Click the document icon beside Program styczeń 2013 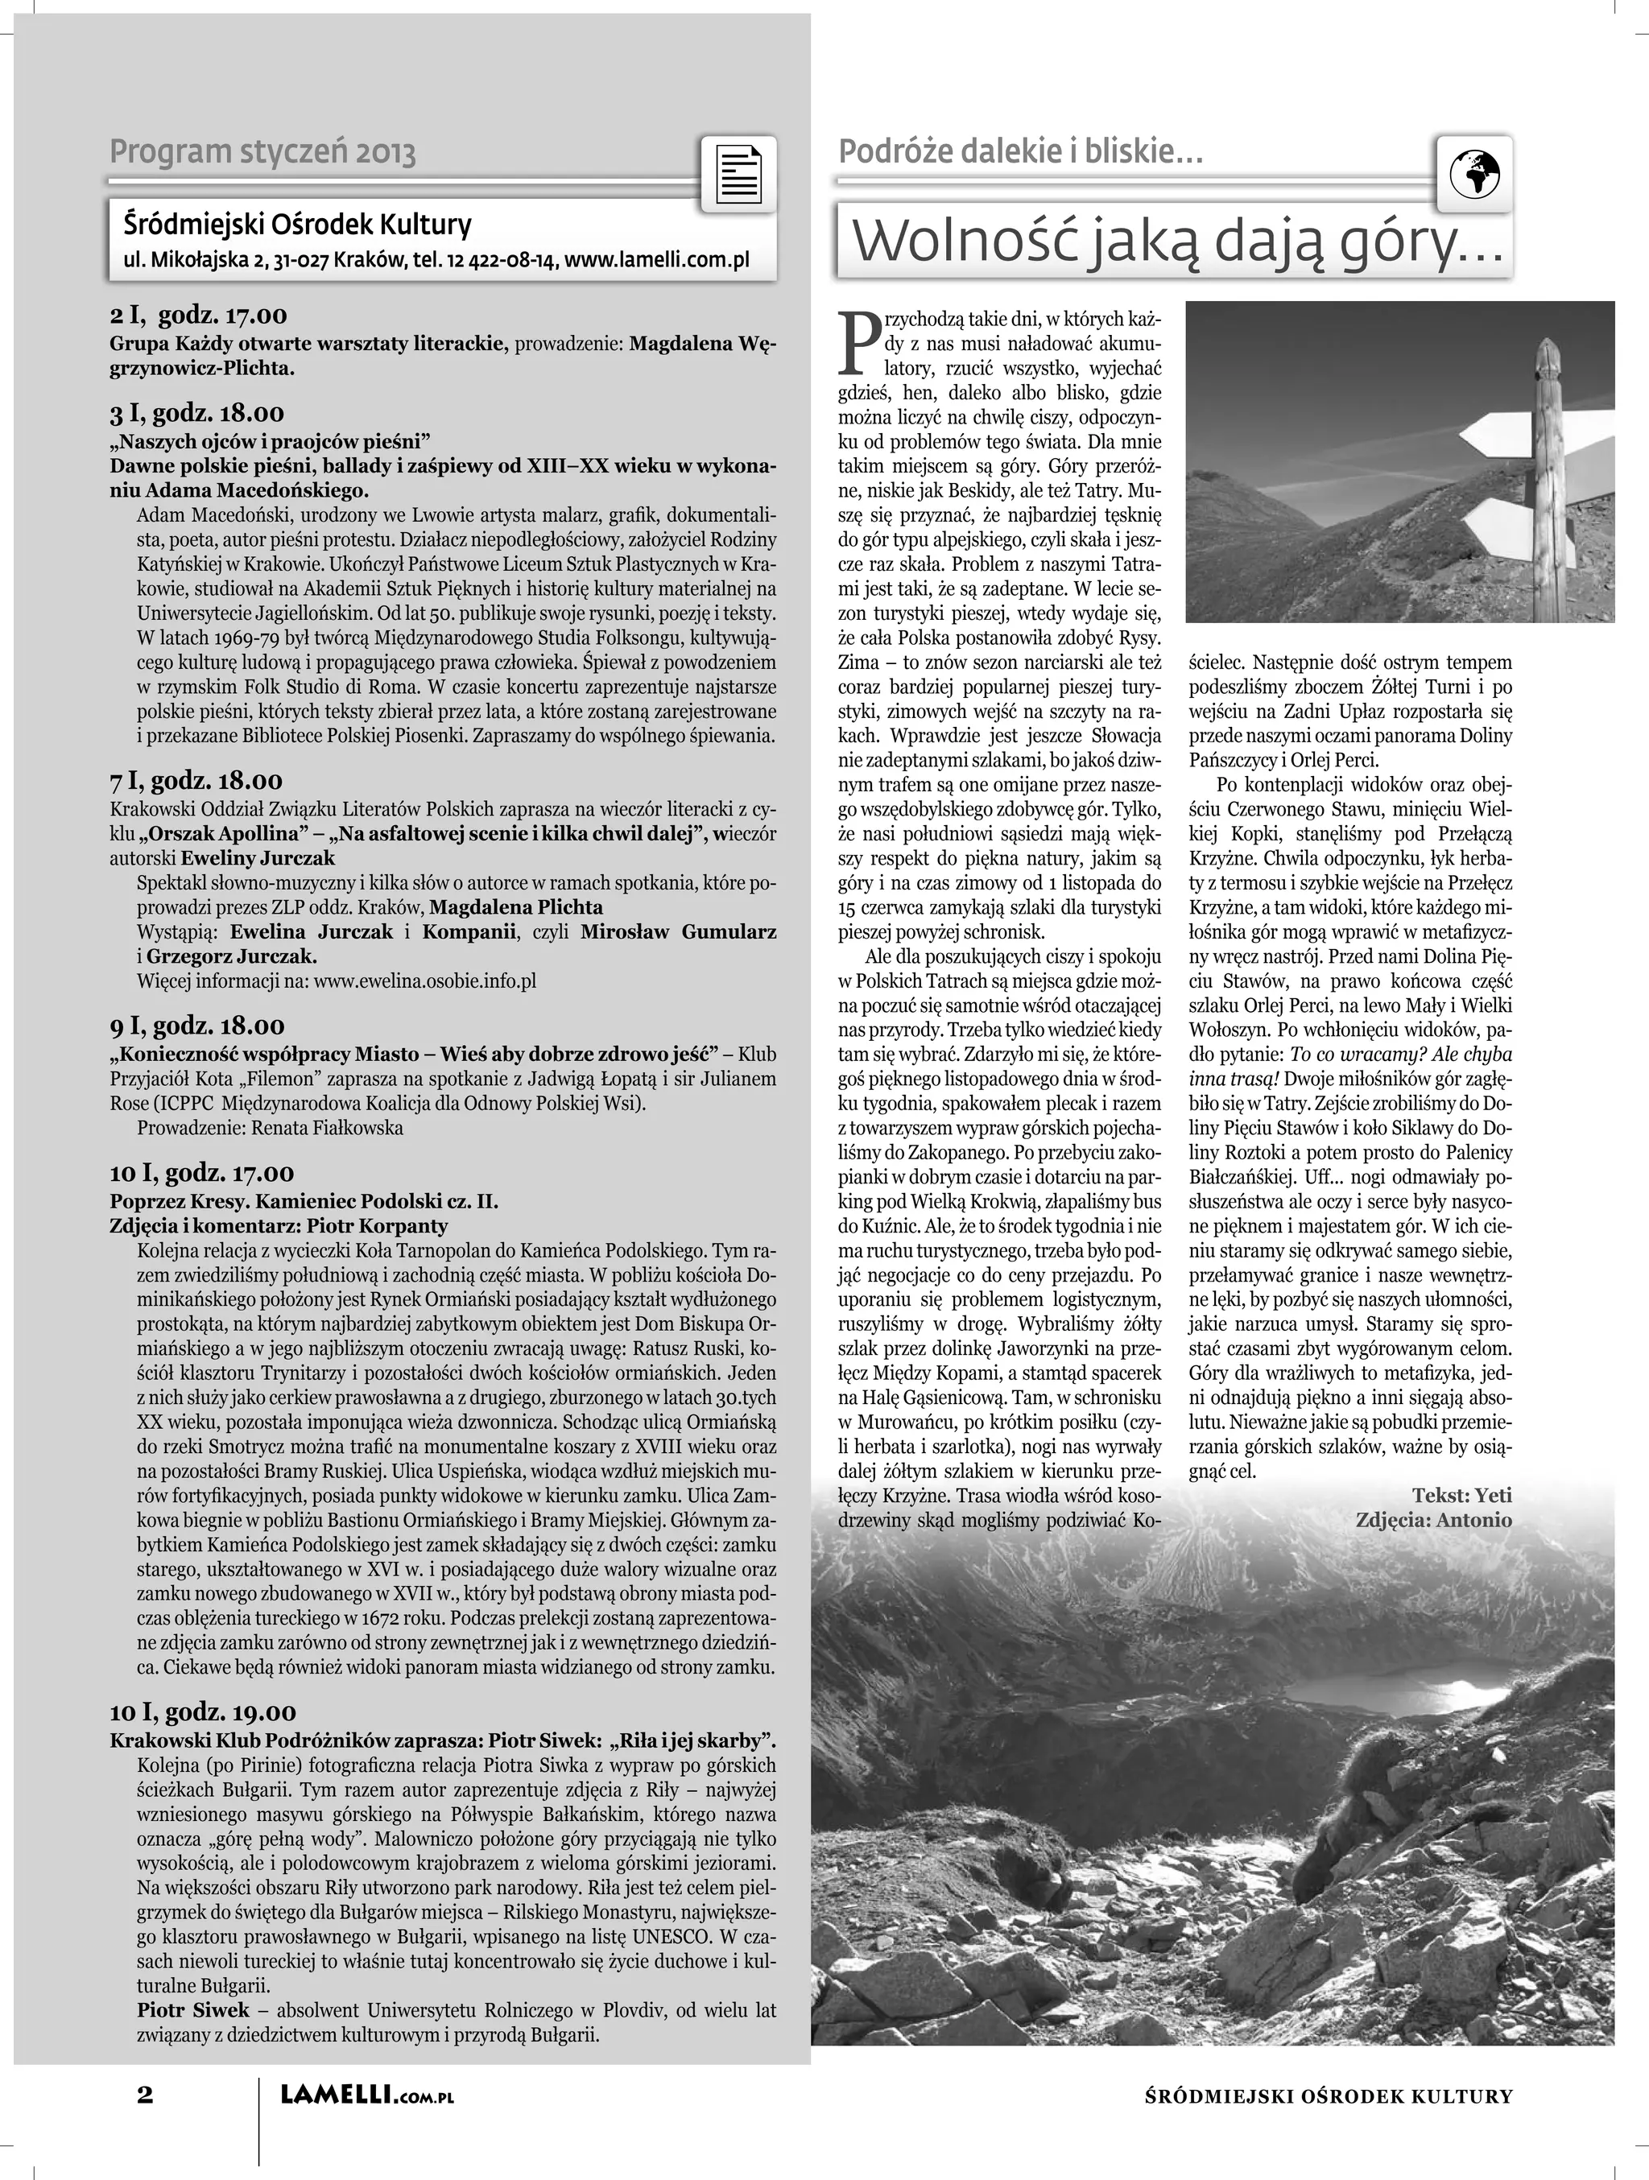[x=738, y=175]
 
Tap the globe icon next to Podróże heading [x=1474, y=175]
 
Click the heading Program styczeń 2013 [x=262, y=153]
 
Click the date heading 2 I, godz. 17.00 [x=198, y=316]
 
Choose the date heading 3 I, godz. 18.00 [x=196, y=413]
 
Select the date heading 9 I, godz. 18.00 [x=196, y=1026]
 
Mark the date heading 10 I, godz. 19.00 [x=202, y=1711]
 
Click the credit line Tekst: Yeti [x=1461, y=1495]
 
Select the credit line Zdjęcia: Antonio [x=1433, y=1520]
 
